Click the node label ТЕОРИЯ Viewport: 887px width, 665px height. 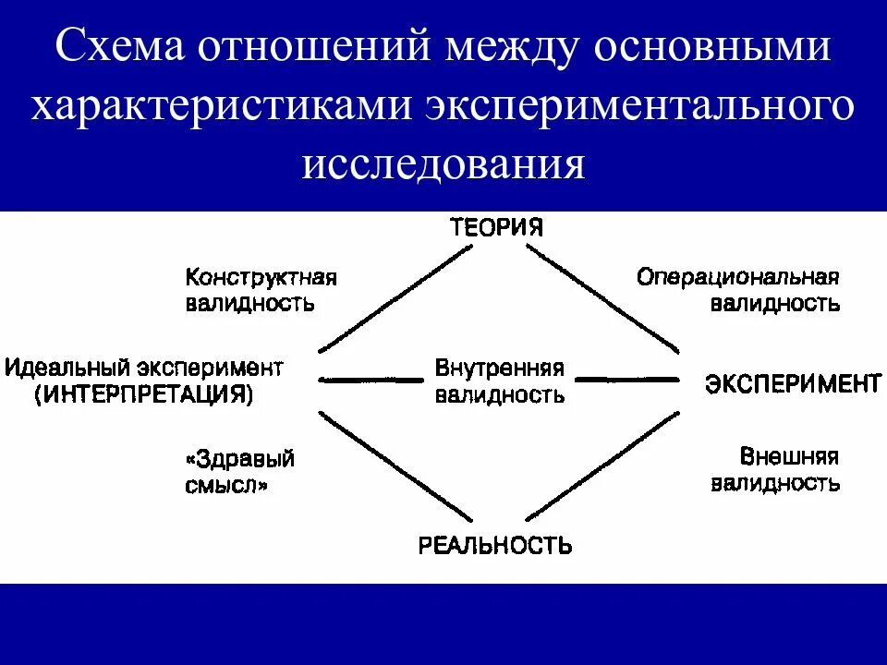(496, 227)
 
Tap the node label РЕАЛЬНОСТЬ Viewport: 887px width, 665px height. (495, 545)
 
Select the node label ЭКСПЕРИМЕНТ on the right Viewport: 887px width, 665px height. (793, 383)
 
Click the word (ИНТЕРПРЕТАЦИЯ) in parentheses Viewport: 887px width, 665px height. (143, 394)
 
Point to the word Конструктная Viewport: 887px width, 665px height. (261, 277)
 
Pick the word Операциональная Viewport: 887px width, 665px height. (737, 277)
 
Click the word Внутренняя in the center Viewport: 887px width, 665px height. (499, 368)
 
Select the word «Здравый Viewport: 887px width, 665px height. (240, 458)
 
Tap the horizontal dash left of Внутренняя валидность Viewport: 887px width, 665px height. (371, 380)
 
